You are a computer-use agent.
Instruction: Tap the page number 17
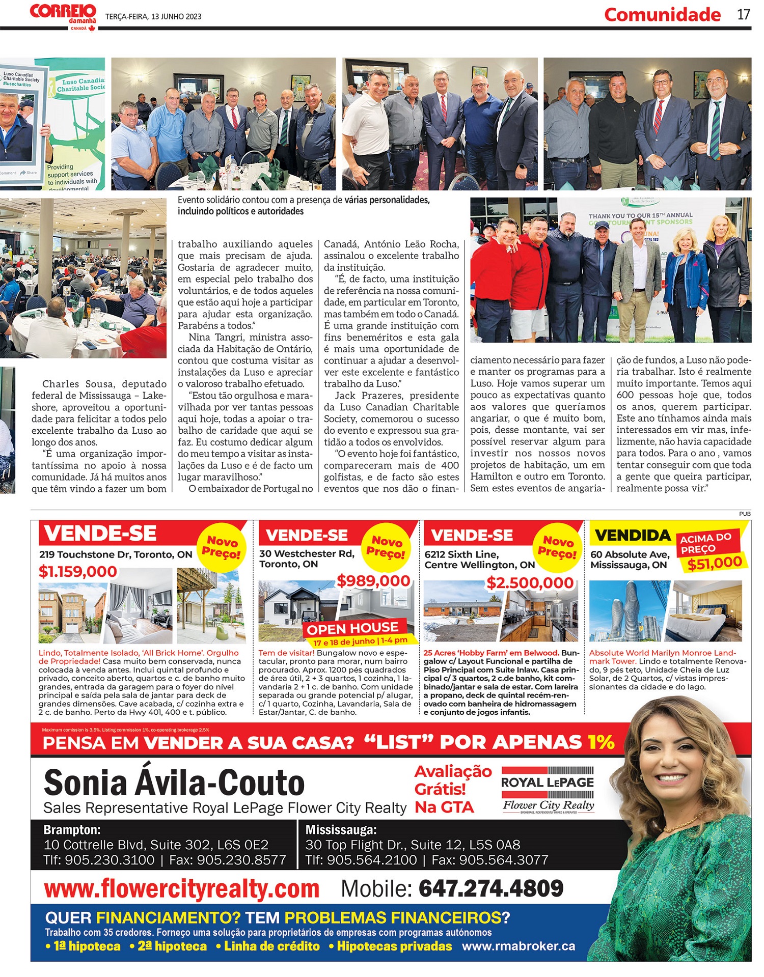tap(744, 14)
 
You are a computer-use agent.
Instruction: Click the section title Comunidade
tap(662, 15)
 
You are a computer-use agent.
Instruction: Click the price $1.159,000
tap(78, 572)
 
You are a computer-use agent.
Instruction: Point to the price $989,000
tap(373, 581)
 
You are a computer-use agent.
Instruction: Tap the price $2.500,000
tap(530, 583)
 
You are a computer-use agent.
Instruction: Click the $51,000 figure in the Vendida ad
tap(714, 563)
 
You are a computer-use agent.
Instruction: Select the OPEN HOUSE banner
tap(352, 628)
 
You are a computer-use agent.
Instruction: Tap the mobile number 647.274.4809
tap(491, 888)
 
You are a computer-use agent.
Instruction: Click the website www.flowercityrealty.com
tap(182, 889)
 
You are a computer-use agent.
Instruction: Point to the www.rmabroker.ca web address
tap(519, 946)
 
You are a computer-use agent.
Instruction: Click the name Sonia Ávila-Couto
tap(174, 783)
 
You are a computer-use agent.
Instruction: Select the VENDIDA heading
tap(633, 536)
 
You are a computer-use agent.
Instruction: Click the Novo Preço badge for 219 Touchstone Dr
tap(222, 547)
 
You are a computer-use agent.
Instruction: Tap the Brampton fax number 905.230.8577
tap(241, 860)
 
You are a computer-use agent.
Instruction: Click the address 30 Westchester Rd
tap(307, 553)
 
